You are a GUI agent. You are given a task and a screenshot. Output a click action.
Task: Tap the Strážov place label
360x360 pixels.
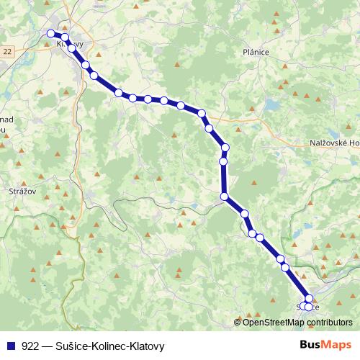(x=22, y=191)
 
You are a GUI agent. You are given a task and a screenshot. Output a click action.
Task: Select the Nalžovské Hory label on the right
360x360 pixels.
(x=332, y=143)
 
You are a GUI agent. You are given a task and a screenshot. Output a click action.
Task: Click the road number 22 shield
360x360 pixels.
(x=7, y=50)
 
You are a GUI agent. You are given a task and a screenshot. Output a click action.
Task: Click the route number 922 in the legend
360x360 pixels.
(x=30, y=345)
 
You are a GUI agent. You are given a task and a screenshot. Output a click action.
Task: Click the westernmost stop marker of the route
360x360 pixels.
(x=50, y=33)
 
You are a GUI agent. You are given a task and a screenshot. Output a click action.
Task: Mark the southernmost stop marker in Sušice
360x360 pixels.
(x=309, y=307)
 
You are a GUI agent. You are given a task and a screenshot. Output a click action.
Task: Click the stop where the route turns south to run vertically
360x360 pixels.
(x=225, y=148)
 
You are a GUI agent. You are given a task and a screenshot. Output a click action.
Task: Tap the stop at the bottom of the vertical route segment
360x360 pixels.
(x=225, y=197)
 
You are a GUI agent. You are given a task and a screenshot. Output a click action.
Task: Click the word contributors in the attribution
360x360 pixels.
(x=328, y=323)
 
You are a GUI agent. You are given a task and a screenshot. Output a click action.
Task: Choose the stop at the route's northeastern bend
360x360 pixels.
(x=202, y=113)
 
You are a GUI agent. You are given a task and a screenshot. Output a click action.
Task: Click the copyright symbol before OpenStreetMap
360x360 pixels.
(x=238, y=323)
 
